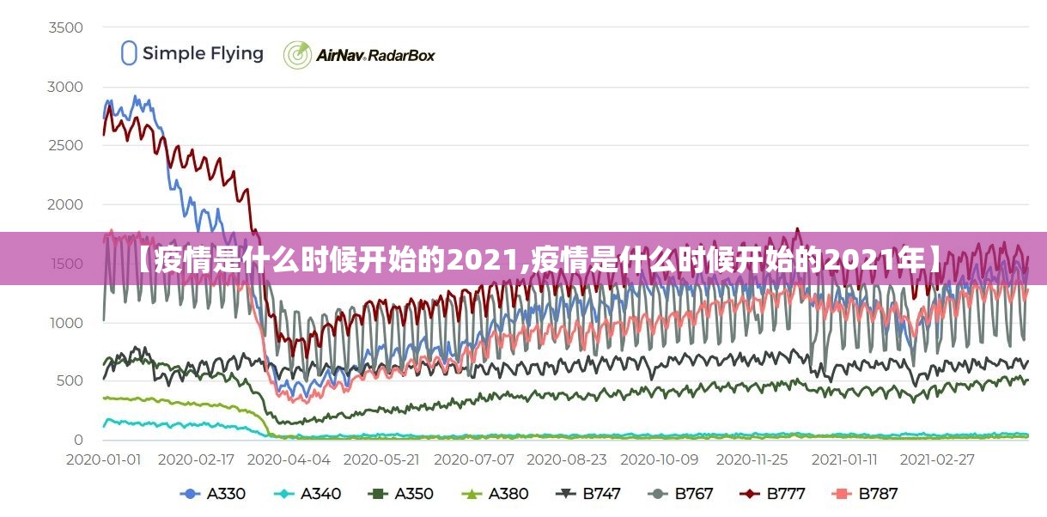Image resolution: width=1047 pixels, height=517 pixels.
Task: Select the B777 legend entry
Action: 775,494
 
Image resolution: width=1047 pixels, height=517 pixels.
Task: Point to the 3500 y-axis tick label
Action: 65,27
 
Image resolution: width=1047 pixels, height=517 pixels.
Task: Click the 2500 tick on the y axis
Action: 65,145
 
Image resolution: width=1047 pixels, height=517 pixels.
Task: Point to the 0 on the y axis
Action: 78,440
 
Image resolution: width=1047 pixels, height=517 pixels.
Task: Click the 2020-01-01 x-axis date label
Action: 104,459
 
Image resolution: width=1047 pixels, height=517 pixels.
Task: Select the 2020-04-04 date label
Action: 289,459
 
